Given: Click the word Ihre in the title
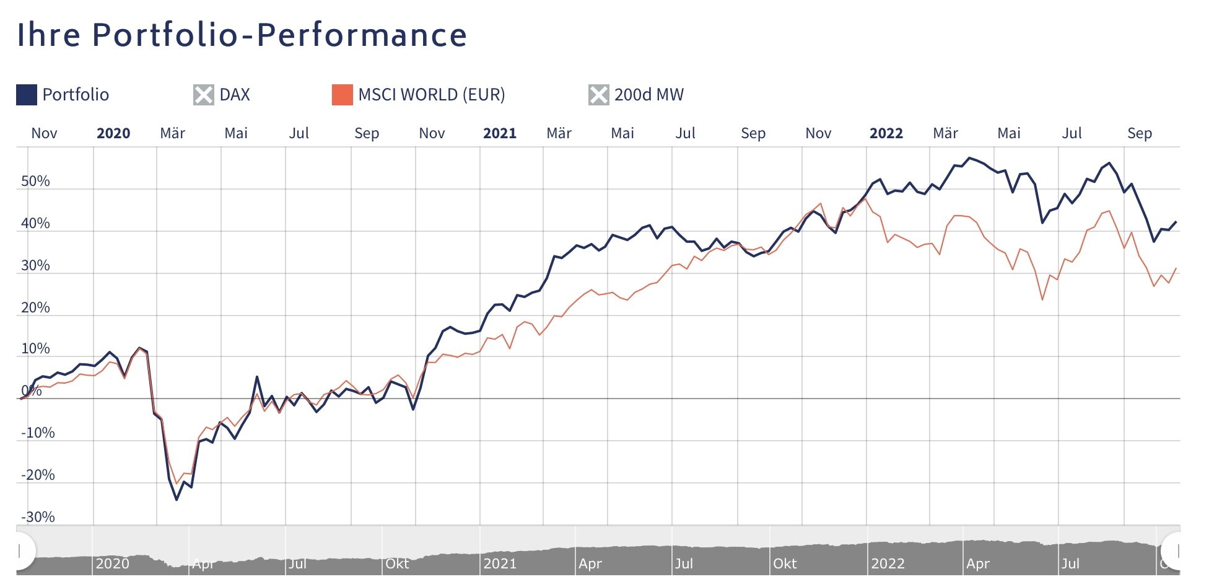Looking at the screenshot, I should pos(48,35).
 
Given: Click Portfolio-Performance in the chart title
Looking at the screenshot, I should pos(279,35).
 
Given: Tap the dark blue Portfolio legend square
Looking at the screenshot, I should pos(27,95).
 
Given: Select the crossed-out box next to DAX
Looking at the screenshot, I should pos(203,95).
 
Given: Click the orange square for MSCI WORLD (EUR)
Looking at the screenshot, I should pos(342,95).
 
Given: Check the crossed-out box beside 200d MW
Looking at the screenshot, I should pos(598,95).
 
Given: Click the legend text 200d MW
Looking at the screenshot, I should pos(648,95).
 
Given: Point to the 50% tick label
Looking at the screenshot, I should pos(35,181).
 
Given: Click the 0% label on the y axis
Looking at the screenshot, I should pos(31,391).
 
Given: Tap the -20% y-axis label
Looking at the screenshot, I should pos(38,475).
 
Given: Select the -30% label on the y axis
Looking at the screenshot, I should pos(38,517).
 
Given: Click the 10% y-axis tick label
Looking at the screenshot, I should pos(35,348).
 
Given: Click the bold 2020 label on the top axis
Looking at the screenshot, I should pos(113,133).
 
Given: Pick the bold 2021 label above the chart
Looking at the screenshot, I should pos(499,133).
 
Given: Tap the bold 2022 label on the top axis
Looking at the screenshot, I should pos(886,133).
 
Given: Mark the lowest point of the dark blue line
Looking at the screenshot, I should pos(177,500).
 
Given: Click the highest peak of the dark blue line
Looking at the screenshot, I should pos(970,158).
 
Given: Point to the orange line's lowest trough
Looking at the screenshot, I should pos(177,483).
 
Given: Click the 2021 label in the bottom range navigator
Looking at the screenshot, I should pos(500,563).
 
